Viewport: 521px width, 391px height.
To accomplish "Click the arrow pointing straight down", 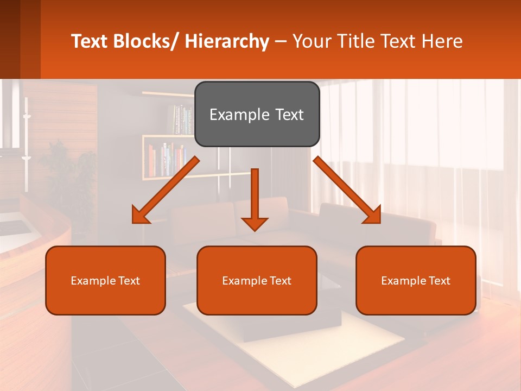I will click(x=255, y=198).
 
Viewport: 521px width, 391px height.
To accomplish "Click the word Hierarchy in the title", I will click(x=227, y=41).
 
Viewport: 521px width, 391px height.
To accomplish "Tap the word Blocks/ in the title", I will click(x=145, y=41).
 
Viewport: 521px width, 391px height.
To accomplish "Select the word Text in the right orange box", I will click(x=439, y=281).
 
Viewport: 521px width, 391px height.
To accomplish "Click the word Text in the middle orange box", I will click(x=280, y=281).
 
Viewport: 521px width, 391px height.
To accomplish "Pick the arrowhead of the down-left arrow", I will click(x=141, y=216).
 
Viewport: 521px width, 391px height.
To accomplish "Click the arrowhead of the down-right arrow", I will click(x=373, y=216).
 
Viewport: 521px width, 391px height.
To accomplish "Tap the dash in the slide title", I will click(x=281, y=41).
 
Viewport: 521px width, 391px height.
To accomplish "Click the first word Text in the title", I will click(x=90, y=41).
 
